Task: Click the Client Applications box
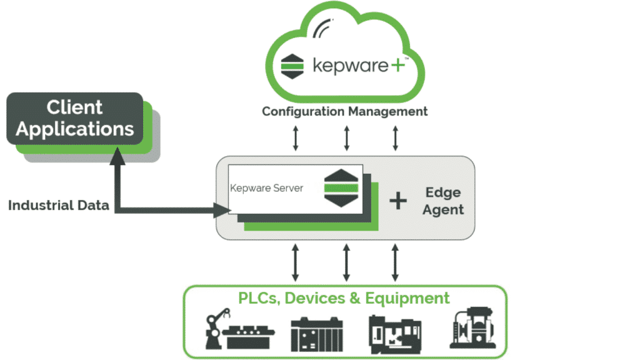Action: [75, 119]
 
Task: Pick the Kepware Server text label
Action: [267, 187]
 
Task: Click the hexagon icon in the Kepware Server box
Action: [341, 187]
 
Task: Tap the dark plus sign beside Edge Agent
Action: [398, 201]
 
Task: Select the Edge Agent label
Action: [443, 201]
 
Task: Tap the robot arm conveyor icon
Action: [238, 331]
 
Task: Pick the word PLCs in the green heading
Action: [259, 297]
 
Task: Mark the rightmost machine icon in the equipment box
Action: [473, 329]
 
